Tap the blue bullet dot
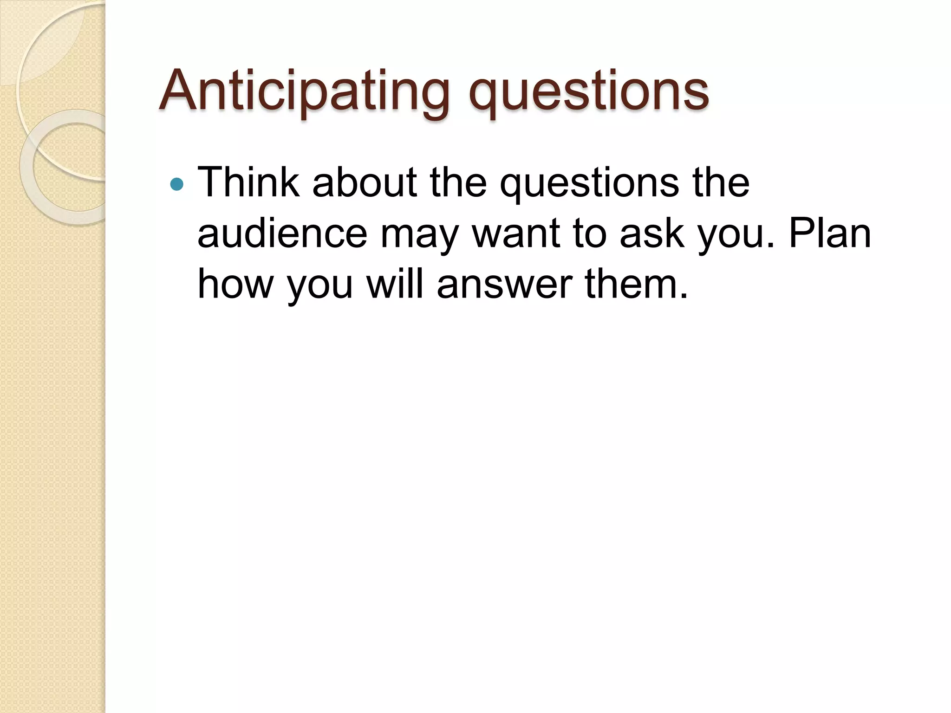click(x=177, y=185)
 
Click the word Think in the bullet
click(x=248, y=182)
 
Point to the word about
click(x=365, y=182)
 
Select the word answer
click(x=504, y=284)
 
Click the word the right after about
click(x=458, y=182)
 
